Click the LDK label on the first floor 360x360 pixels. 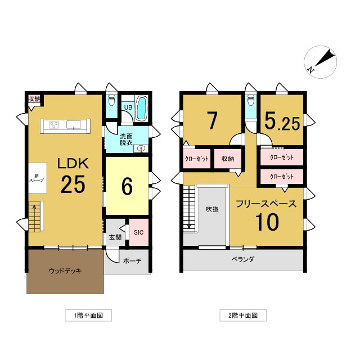pyautogui.click(x=73, y=164)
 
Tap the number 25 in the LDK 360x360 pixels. pyautogui.click(x=73, y=184)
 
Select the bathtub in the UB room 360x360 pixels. pyautogui.click(x=141, y=109)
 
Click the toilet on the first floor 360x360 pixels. pyautogui.click(x=111, y=100)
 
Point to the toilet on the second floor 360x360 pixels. pyautogui.click(x=251, y=100)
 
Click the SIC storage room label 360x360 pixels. pyautogui.click(x=138, y=232)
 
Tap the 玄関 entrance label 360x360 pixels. pyautogui.click(x=115, y=237)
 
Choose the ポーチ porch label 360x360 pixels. pyautogui.click(x=132, y=261)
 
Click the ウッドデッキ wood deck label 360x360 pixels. pyautogui.click(x=65, y=271)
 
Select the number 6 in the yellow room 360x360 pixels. pyautogui.click(x=127, y=186)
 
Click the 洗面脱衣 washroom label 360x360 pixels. pyautogui.click(x=126, y=139)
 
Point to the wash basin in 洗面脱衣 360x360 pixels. pyautogui.click(x=141, y=148)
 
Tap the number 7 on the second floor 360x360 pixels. pyautogui.click(x=212, y=120)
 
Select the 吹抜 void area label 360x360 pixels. pyautogui.click(x=212, y=209)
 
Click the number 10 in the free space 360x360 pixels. pyautogui.click(x=267, y=222)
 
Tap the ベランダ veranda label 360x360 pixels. pyautogui.click(x=242, y=259)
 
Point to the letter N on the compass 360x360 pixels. pyautogui.click(x=311, y=70)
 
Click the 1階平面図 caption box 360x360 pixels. pyautogui.click(x=88, y=316)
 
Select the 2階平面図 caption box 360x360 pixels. pyautogui.click(x=243, y=316)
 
